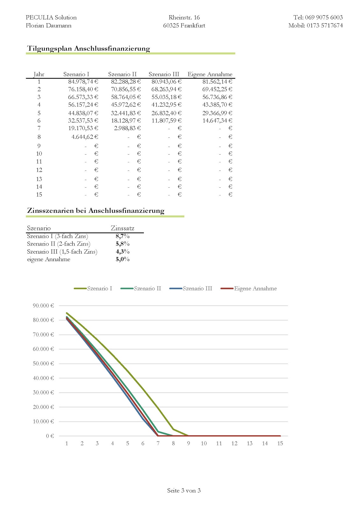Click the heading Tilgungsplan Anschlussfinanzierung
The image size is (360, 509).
(x=88, y=49)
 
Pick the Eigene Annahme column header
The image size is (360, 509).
(x=210, y=74)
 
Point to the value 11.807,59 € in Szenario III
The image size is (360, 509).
(x=166, y=121)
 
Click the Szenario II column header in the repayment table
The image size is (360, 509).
(x=122, y=74)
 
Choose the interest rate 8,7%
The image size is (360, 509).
(x=123, y=236)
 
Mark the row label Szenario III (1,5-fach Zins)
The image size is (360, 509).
(x=62, y=252)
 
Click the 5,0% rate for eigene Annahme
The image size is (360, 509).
(x=123, y=259)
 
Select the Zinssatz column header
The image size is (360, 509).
(x=123, y=228)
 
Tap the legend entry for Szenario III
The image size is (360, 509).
(x=197, y=289)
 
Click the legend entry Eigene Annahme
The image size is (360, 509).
(x=255, y=289)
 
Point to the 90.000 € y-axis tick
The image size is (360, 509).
(x=43, y=306)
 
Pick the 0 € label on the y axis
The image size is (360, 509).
(x=50, y=436)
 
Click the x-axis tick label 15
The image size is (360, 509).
(x=280, y=443)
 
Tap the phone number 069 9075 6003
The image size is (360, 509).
(x=324, y=17)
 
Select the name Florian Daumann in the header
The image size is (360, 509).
(x=49, y=25)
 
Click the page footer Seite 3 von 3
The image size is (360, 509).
(x=184, y=491)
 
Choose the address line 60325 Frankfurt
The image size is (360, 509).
(x=184, y=25)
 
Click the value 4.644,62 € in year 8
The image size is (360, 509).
(x=85, y=137)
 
